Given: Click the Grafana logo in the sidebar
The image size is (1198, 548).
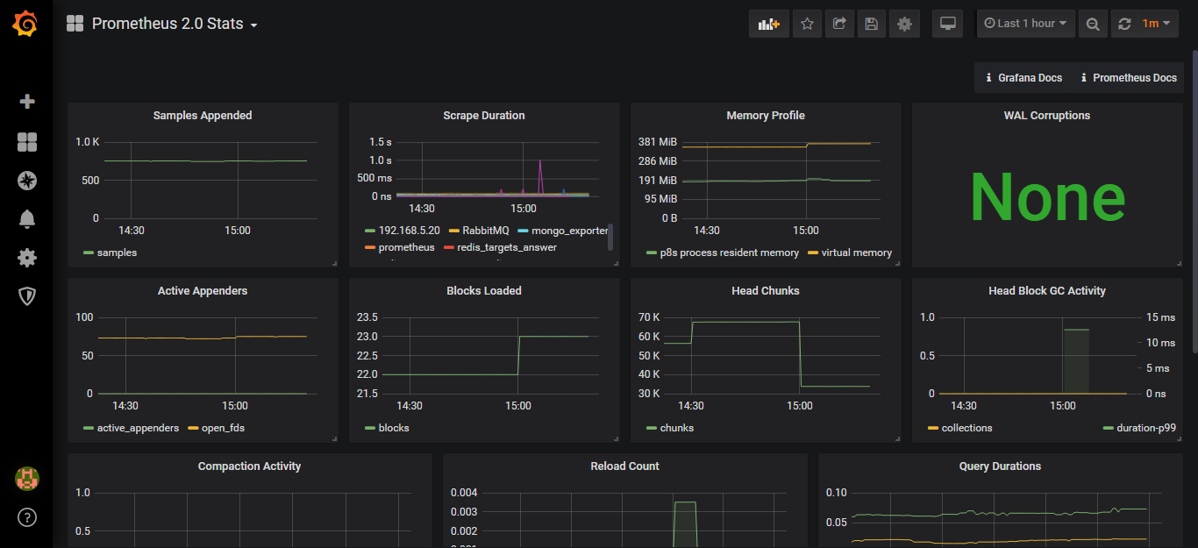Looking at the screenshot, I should [x=25, y=24].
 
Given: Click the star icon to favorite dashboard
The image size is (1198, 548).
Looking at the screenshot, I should [x=807, y=24].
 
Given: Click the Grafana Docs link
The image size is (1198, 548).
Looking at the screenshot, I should [x=1023, y=78].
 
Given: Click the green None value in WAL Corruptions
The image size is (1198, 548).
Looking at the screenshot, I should [x=1047, y=197].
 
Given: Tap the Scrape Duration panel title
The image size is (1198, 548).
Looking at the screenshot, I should [x=484, y=116].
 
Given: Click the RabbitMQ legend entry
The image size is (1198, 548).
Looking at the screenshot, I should [x=485, y=231].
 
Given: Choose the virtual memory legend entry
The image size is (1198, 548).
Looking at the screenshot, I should [x=856, y=253].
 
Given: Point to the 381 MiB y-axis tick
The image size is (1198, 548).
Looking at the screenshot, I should [x=657, y=142].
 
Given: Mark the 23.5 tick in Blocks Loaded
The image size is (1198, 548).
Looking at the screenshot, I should [x=367, y=317].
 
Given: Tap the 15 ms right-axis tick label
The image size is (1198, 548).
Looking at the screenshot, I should [x=1160, y=317].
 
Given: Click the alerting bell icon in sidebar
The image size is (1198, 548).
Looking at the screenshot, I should [x=27, y=219].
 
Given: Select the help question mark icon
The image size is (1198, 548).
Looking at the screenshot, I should [x=27, y=517].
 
